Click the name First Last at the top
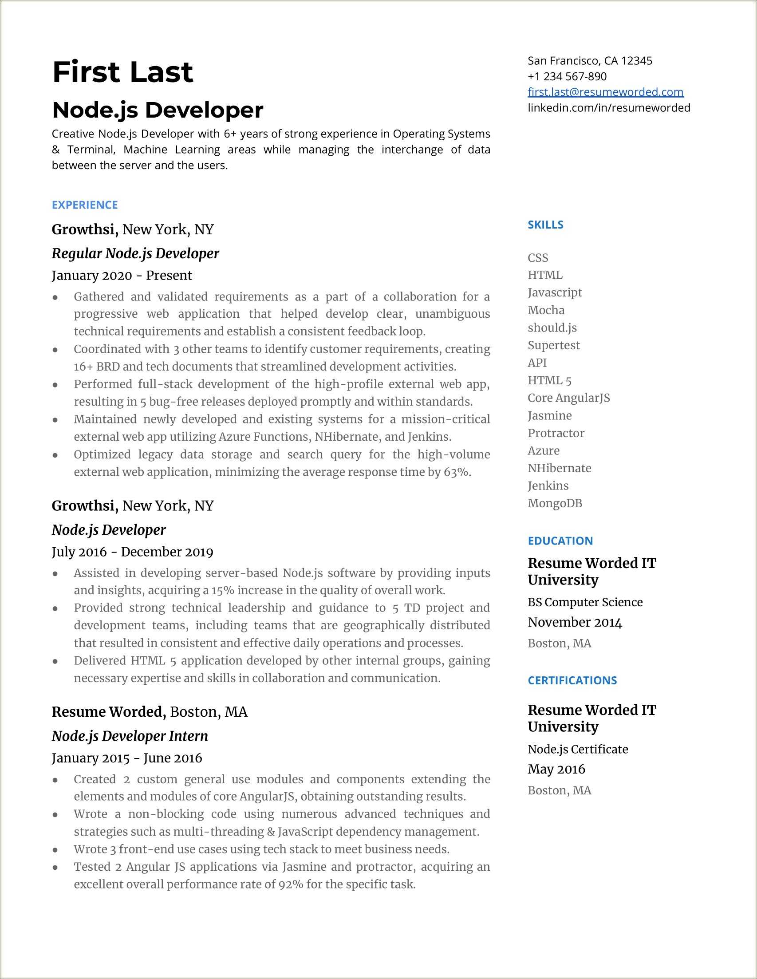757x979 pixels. (122, 72)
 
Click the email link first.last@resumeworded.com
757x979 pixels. (606, 92)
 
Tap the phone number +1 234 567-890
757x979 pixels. (567, 76)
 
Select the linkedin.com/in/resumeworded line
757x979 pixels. (609, 107)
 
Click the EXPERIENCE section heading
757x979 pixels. (85, 205)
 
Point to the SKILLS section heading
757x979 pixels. (545, 225)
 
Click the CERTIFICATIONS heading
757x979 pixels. (572, 680)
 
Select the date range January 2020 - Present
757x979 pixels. (122, 275)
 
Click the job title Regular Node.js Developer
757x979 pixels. (135, 253)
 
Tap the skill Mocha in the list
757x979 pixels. (546, 310)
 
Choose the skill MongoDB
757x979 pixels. (555, 503)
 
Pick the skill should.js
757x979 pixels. (552, 328)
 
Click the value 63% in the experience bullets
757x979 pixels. (456, 472)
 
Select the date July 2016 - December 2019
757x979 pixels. (132, 552)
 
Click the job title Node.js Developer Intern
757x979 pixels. (130, 736)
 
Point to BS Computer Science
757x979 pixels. (585, 602)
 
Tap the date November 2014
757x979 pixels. (575, 622)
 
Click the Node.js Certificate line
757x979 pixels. (578, 749)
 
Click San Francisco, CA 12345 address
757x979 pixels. (590, 60)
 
